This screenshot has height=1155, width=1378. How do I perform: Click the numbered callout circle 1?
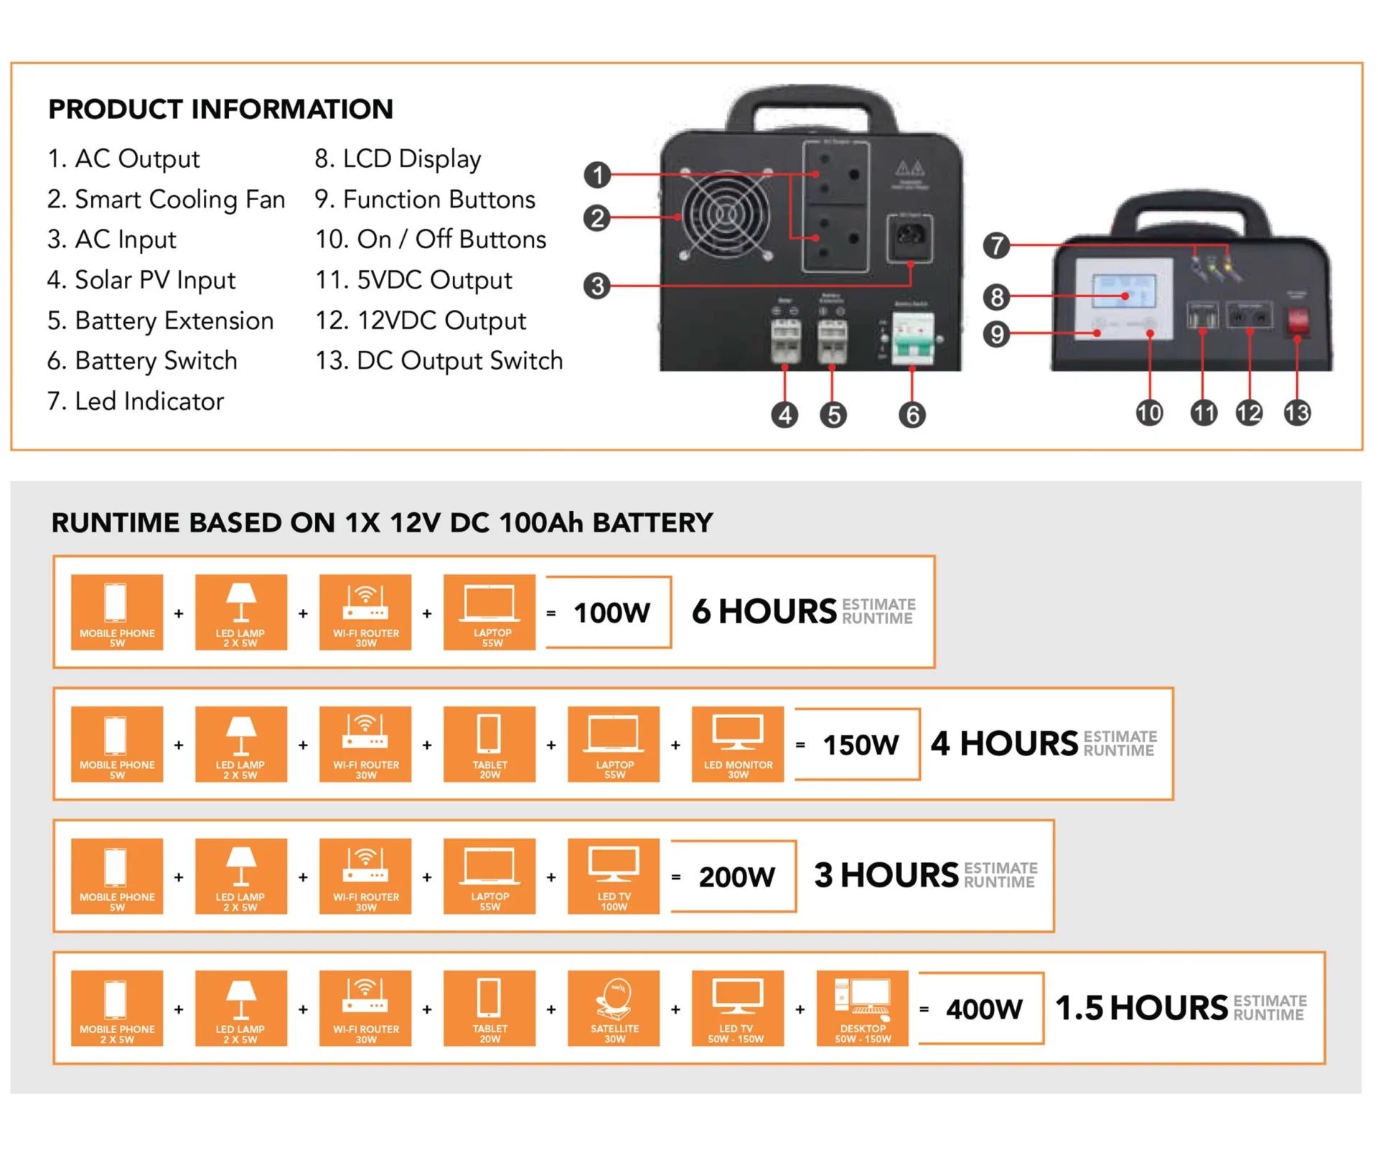(x=597, y=175)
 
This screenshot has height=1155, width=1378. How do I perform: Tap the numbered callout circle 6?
(x=911, y=415)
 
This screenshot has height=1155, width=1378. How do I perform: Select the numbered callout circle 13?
(x=1297, y=412)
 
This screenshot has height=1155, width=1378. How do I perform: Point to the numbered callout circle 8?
(x=996, y=296)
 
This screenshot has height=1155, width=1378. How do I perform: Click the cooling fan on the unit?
(x=726, y=214)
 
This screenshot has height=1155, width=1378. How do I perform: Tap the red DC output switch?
(x=1297, y=321)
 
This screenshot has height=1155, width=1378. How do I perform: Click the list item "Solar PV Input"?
(x=141, y=280)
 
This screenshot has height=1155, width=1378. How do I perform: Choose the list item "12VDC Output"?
(x=421, y=320)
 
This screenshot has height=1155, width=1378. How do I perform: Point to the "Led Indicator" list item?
(x=136, y=401)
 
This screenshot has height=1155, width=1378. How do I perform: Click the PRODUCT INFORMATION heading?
(x=220, y=109)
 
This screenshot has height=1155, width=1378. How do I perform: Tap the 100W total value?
(x=611, y=613)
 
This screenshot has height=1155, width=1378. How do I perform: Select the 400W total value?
(x=983, y=1009)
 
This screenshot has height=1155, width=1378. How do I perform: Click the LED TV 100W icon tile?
(x=614, y=876)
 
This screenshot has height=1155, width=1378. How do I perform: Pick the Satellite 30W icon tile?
(x=614, y=1008)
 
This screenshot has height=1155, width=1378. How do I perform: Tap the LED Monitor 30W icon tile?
(x=738, y=744)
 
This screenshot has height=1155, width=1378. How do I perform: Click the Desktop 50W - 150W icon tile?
(x=862, y=1008)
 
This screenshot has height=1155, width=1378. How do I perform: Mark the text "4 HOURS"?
(x=1004, y=744)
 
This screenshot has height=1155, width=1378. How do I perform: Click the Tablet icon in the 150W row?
(x=489, y=744)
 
